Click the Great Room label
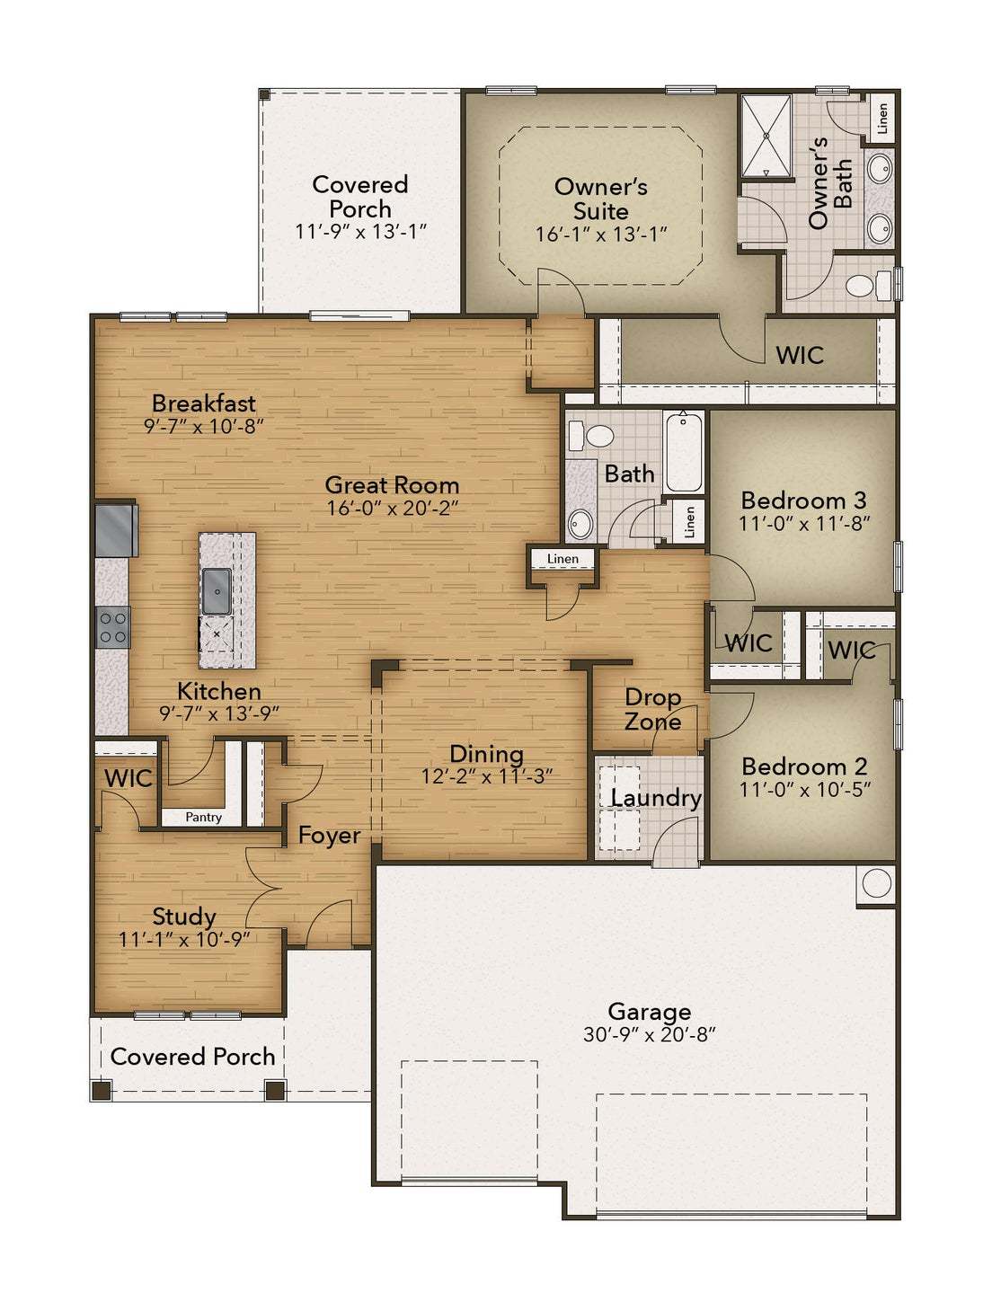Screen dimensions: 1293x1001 (392, 485)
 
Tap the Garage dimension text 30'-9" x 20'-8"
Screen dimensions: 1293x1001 (649, 1034)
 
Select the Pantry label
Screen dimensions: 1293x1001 (203, 817)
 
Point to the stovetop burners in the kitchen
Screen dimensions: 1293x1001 (113, 627)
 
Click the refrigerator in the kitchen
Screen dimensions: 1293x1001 (116, 529)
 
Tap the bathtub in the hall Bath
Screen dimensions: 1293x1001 (684, 451)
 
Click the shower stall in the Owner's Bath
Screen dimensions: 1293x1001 (766, 136)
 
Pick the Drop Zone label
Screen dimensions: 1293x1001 (652, 709)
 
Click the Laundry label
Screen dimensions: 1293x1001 (656, 798)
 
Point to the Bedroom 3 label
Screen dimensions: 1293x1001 (804, 500)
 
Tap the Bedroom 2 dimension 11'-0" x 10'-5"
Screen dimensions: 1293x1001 (804, 790)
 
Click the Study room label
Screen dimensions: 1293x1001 (183, 917)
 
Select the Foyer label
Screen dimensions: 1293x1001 (329, 836)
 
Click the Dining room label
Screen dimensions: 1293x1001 (486, 754)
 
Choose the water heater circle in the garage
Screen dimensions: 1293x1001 (875, 883)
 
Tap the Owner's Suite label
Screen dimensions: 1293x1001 (600, 199)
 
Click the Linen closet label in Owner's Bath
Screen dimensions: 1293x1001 (882, 118)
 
